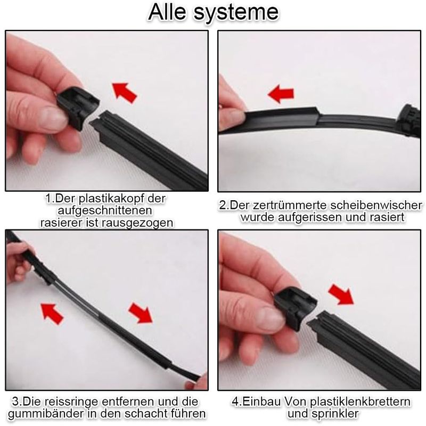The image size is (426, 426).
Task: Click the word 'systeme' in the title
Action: pyautogui.click(x=236, y=12)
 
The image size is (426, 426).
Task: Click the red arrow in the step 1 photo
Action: pyautogui.click(x=125, y=93)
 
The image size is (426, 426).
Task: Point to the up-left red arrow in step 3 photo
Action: pyautogui.click(x=52, y=314)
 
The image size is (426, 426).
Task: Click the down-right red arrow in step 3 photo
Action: pyautogui.click(x=141, y=313)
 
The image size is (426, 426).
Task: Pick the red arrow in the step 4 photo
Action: pyautogui.click(x=341, y=294)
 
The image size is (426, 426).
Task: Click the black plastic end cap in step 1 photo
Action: pyautogui.click(x=78, y=106)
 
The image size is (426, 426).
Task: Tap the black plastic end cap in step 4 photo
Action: pyautogui.click(x=296, y=308)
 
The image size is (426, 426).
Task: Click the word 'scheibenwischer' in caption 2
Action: pyautogui.click(x=376, y=205)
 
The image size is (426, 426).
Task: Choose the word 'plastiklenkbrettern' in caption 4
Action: pyautogui.click(x=361, y=402)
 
